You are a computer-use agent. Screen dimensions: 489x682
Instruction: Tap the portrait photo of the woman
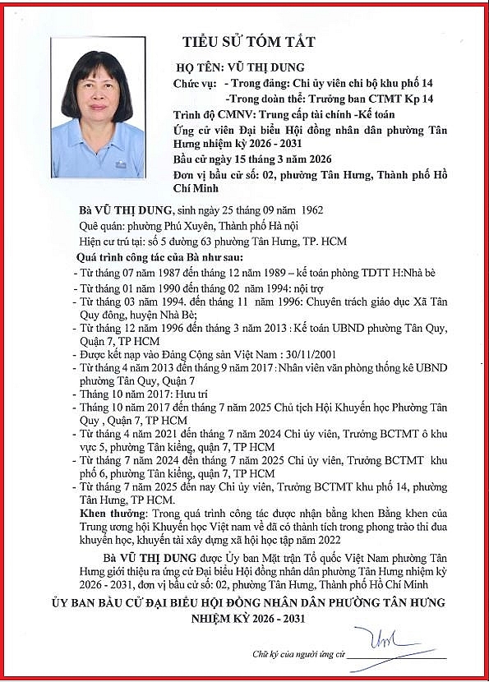tap(97, 108)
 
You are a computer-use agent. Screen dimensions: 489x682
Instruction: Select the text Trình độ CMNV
tap(213, 115)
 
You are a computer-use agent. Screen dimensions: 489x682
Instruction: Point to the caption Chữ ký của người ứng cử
tap(299, 655)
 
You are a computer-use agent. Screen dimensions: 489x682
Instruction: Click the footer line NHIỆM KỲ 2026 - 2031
tap(248, 618)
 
